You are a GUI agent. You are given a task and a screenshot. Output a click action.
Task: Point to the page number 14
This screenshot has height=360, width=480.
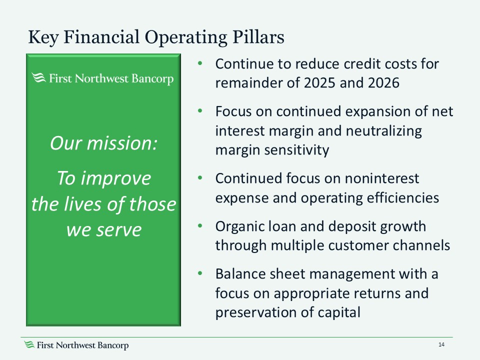441,345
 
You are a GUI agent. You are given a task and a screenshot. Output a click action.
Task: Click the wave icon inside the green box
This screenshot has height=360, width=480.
38,78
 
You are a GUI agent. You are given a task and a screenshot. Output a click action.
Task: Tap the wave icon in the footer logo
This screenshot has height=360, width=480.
30,345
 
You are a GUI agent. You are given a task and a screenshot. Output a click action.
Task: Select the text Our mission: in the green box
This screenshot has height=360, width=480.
103,144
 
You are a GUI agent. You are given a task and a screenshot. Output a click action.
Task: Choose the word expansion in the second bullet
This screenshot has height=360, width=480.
376,111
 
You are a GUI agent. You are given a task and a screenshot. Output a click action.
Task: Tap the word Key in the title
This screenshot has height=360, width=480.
40,37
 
